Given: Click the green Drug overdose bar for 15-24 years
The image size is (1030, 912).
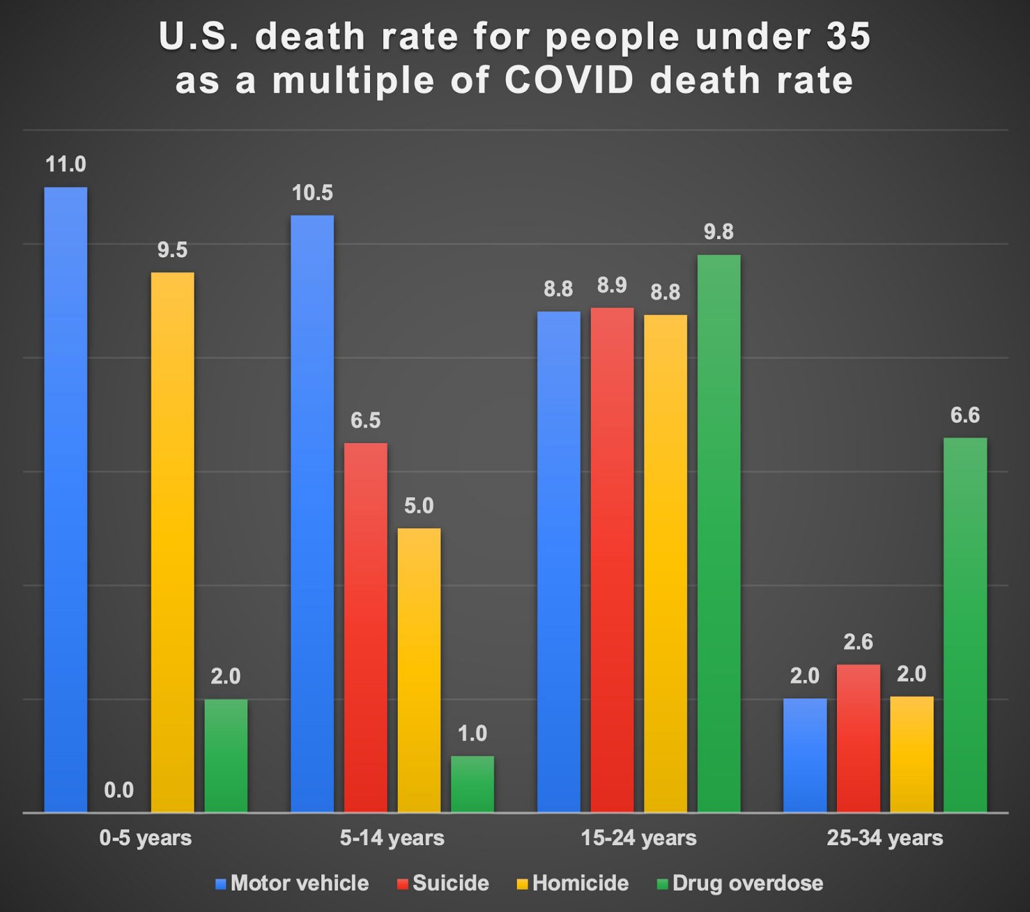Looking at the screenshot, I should click(718, 533).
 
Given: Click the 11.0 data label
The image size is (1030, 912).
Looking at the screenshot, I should click(66, 165).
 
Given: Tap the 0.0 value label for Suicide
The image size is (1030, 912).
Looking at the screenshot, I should click(119, 790).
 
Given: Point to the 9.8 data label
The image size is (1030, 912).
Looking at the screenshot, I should click(718, 232).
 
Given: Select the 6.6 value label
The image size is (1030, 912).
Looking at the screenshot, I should click(965, 415).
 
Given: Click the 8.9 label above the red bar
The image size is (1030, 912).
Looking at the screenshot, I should click(612, 285).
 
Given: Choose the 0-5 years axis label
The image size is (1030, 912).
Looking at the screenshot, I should click(145, 838).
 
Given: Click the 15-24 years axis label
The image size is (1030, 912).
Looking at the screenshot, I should click(639, 838).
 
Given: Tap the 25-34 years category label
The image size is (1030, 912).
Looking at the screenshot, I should click(885, 838).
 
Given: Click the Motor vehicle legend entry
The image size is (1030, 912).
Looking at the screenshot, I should click(292, 883).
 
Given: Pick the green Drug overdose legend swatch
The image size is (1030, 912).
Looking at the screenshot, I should click(662, 884).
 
